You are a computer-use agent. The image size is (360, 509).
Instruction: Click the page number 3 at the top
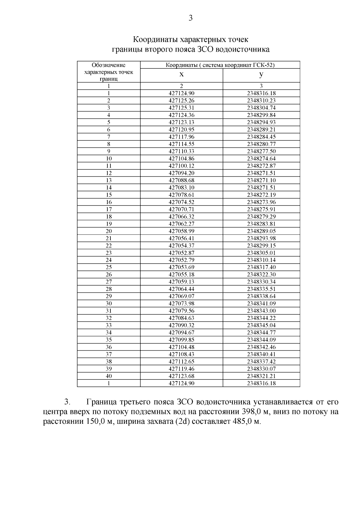click(190, 18)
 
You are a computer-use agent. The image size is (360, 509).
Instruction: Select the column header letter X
click(181, 75)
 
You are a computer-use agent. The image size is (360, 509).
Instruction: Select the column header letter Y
click(261, 75)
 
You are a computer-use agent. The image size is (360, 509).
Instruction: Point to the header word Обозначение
click(109, 65)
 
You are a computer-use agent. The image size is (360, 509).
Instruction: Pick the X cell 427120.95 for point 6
click(181, 130)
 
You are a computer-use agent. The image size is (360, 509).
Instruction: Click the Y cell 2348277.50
click(261, 151)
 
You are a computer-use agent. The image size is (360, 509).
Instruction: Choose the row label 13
click(109, 180)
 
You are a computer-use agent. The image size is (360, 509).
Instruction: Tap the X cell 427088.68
click(181, 180)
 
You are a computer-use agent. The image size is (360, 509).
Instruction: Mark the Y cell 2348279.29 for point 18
click(261, 217)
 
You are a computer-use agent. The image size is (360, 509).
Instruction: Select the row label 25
click(109, 267)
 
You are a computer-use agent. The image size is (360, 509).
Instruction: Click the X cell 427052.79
click(181, 260)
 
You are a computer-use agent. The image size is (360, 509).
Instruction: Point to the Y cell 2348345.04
click(261, 325)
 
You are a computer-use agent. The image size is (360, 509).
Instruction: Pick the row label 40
click(109, 376)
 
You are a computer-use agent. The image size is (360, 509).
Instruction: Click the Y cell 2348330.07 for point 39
click(261, 369)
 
